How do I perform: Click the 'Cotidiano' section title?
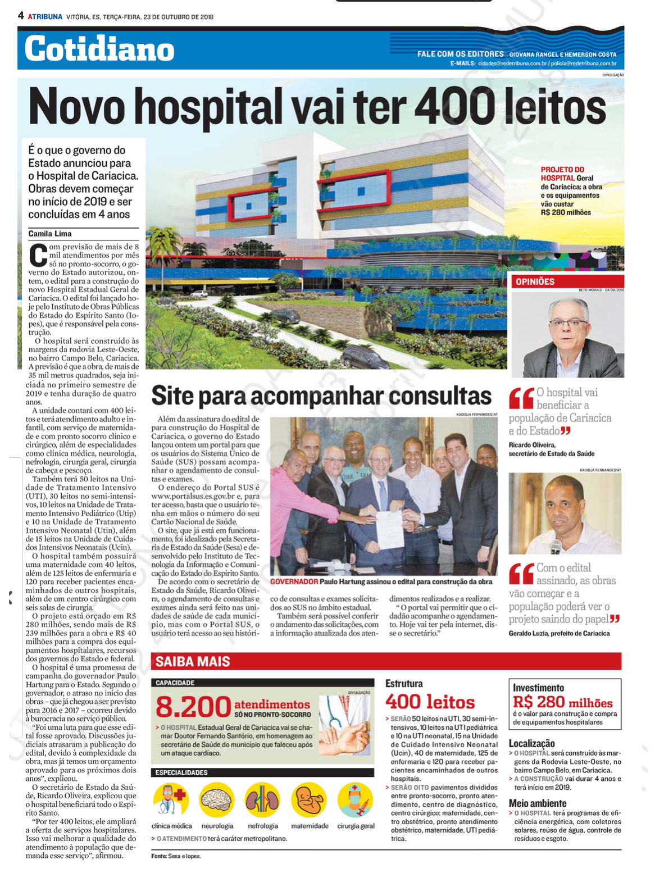click(99, 49)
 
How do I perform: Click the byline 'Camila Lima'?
click(50, 234)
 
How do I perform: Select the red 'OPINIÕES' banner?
click(567, 281)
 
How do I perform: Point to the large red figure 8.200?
click(193, 707)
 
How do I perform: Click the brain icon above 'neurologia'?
click(217, 800)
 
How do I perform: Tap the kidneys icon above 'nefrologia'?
click(262, 800)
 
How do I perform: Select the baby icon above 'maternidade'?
click(309, 800)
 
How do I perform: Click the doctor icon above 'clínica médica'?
click(171, 800)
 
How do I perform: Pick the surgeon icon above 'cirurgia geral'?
click(356, 800)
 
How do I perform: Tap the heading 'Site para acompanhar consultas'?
click(321, 395)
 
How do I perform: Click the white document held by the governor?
click(390, 528)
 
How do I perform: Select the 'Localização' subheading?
click(531, 743)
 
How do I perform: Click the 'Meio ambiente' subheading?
click(538, 803)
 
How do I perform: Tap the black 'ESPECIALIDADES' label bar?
click(262, 772)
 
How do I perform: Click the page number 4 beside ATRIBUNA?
click(21, 16)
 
